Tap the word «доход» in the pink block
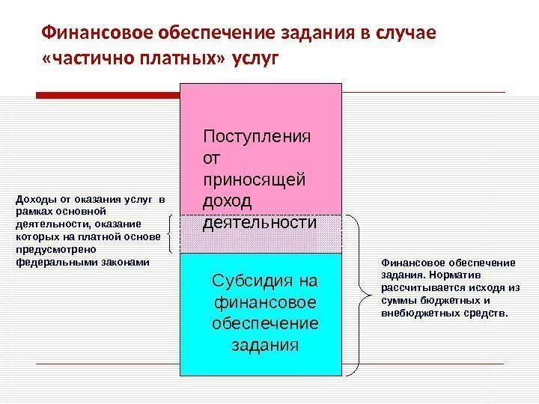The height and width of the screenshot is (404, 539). tap(228, 202)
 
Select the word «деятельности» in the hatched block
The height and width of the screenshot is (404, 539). tap(259, 223)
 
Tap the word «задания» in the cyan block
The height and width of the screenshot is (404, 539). tap(266, 346)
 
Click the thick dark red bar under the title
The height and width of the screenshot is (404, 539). tap(109, 95)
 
